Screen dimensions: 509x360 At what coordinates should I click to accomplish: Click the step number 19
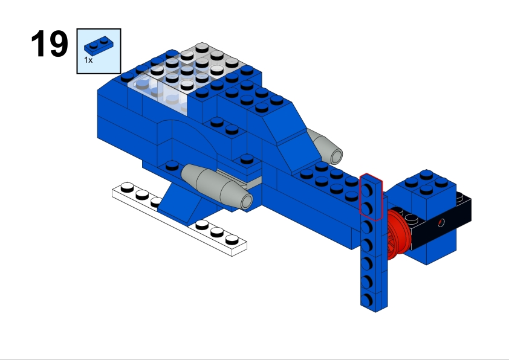tap(50, 43)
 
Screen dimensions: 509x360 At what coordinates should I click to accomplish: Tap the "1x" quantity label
tap(88, 60)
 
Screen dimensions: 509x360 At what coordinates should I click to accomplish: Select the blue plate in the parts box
tap(99, 46)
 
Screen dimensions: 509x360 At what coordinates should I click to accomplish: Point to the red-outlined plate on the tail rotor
tap(371, 197)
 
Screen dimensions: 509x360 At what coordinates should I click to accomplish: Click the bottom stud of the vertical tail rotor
tap(366, 300)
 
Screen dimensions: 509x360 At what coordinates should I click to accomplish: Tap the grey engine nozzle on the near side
tap(217, 186)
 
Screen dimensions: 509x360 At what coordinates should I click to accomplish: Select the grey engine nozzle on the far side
tap(325, 147)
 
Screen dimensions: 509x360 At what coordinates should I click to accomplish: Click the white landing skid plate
tap(179, 219)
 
